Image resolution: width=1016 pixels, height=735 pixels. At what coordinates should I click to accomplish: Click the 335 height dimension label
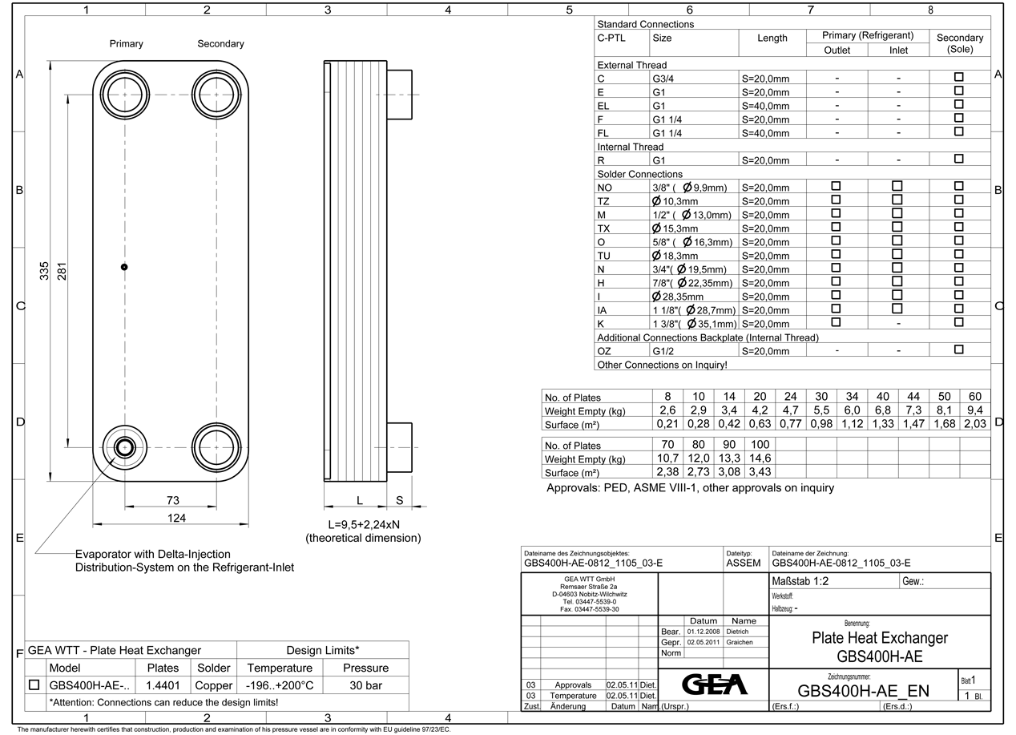click(x=45, y=272)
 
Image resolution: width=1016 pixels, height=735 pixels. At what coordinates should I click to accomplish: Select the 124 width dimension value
click(x=176, y=518)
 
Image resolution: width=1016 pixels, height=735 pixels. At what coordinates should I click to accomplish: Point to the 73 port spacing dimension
click(x=172, y=500)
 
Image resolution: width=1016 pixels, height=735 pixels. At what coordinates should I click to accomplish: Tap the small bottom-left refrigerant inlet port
click(x=124, y=446)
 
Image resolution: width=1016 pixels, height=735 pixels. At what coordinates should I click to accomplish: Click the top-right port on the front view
click(x=216, y=94)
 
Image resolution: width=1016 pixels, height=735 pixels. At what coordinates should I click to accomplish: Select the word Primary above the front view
click(x=127, y=44)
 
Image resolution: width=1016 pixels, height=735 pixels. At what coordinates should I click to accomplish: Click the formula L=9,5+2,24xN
click(x=364, y=524)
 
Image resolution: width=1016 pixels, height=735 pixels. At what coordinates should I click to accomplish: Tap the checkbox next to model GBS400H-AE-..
click(x=34, y=685)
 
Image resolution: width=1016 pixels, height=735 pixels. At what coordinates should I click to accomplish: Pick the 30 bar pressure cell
click(x=365, y=685)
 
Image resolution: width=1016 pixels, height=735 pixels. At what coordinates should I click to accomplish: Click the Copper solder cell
click(x=213, y=685)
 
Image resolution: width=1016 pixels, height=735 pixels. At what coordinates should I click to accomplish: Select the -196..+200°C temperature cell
click(x=280, y=685)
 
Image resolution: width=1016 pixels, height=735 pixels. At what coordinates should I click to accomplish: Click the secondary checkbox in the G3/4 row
click(x=958, y=79)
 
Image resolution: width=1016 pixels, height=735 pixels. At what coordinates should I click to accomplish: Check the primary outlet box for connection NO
click(x=837, y=187)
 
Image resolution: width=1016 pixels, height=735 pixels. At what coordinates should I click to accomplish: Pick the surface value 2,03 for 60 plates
click(x=975, y=424)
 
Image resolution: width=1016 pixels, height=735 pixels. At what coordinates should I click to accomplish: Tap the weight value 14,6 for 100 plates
click(x=760, y=458)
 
